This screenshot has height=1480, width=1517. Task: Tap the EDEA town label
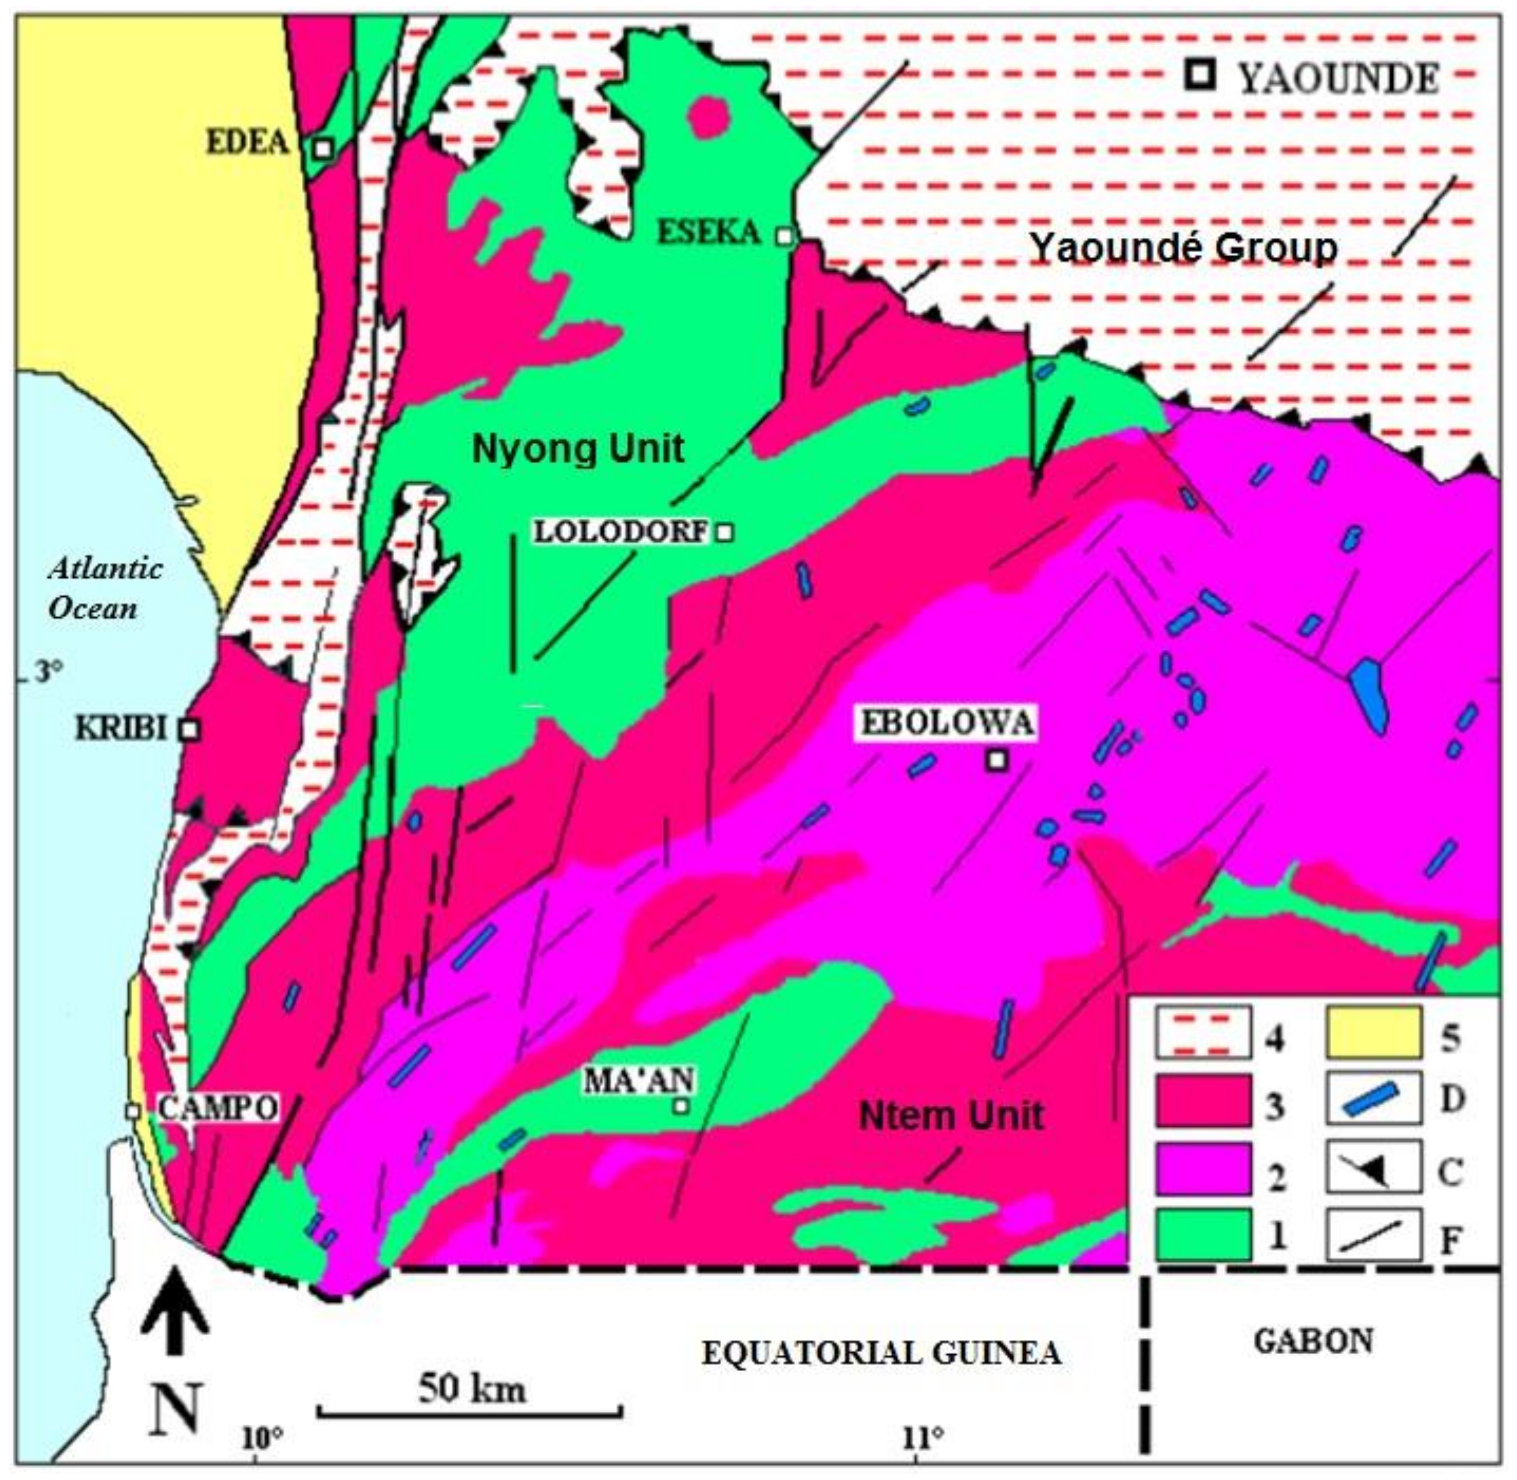click(248, 142)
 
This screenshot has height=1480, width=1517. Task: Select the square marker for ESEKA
click(785, 235)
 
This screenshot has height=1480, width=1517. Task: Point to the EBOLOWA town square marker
click(997, 760)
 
